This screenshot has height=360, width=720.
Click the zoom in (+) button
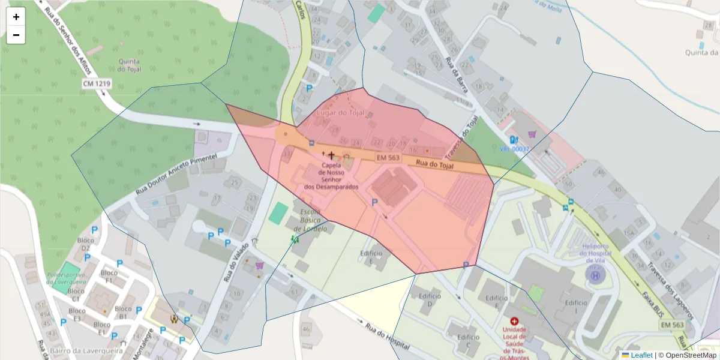[16, 17]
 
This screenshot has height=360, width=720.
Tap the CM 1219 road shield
[97, 84]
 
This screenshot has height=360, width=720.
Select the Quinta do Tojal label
[130, 65]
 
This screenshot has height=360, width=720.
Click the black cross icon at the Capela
[331, 155]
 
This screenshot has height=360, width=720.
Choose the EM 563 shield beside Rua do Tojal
[388, 157]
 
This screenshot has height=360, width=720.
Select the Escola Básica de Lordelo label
[310, 221]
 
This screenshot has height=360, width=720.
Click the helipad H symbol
[595, 275]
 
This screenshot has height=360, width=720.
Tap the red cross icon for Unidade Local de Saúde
[514, 322]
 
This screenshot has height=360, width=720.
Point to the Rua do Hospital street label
[387, 338]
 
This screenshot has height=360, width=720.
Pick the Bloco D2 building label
[86, 244]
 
